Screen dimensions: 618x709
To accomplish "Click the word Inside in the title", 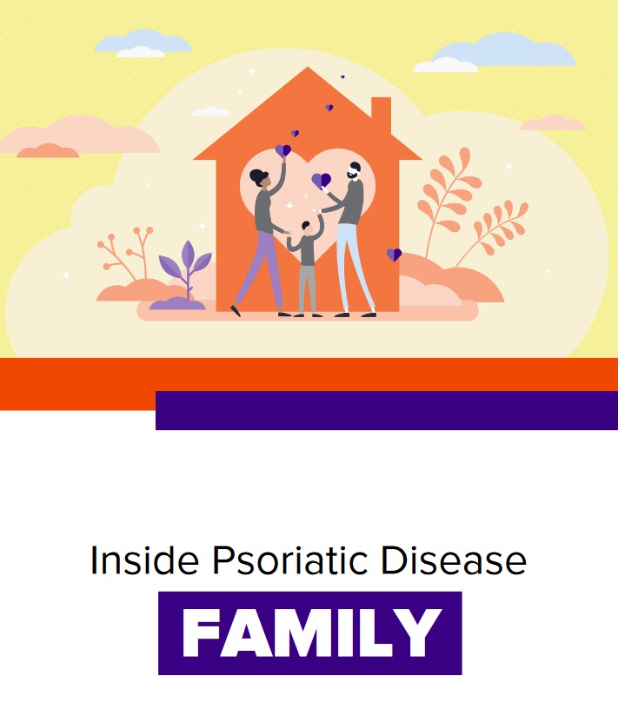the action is [x=144, y=560].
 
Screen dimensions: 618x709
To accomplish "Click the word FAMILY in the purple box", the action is [x=310, y=633].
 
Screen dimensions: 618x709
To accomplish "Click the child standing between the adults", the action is [x=306, y=266].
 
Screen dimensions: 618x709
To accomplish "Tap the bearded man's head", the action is [x=355, y=171].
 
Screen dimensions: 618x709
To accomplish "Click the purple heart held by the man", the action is [x=322, y=181].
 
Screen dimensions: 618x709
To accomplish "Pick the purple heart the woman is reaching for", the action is [x=283, y=150].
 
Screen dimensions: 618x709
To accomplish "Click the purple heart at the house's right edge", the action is [x=394, y=255].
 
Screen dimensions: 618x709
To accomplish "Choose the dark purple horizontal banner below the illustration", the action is [x=387, y=410].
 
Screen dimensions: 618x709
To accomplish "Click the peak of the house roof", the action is [x=308, y=68].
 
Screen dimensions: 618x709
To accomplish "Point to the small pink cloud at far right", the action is [x=553, y=123].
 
